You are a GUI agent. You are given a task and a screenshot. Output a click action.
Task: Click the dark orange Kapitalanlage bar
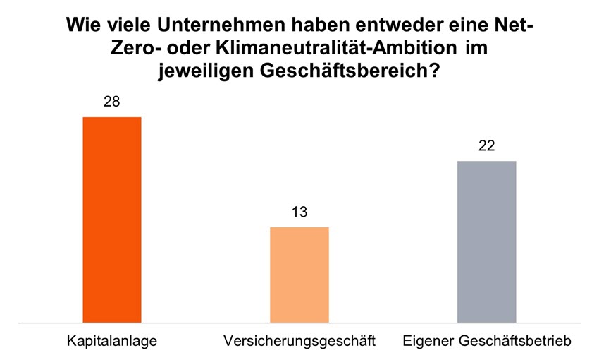pos(112,220)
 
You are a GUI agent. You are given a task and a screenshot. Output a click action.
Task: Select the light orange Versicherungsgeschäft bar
pos(299,275)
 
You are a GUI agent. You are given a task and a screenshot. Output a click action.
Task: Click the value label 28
pos(111,102)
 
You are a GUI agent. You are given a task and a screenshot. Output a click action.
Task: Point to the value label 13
pos(299,212)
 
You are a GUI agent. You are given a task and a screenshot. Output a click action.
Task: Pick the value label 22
pos(487,146)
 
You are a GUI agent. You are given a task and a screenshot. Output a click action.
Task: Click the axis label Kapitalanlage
pos(112,342)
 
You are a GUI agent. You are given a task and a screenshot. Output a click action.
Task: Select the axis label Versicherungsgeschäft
pos(299,342)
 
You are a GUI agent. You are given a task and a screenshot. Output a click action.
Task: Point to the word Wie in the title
pos(83,26)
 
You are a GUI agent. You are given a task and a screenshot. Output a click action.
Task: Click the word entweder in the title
pos(394,26)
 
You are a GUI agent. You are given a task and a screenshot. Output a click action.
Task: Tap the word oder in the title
pos(186,49)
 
